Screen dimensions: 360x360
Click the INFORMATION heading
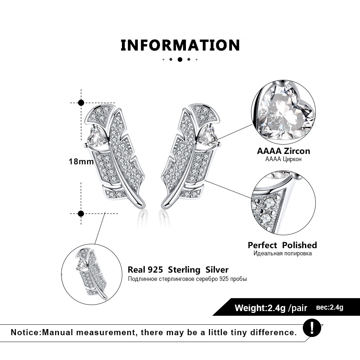click(180, 45)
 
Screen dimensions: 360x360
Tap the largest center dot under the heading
click(180, 59)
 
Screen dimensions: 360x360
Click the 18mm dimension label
click(81, 161)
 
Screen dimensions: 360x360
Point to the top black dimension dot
click(81, 102)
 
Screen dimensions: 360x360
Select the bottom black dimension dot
click(81, 214)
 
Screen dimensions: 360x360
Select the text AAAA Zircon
click(283, 151)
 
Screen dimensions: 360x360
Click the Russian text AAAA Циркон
click(283, 159)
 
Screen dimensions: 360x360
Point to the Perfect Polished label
click(282, 245)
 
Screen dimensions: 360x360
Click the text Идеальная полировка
click(282, 254)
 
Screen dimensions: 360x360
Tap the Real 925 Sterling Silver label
click(178, 270)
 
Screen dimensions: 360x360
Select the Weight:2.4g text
click(260, 308)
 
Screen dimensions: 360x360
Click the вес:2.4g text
click(330, 307)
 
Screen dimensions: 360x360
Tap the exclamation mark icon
click(311, 328)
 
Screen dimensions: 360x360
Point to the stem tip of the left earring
click(142, 206)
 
